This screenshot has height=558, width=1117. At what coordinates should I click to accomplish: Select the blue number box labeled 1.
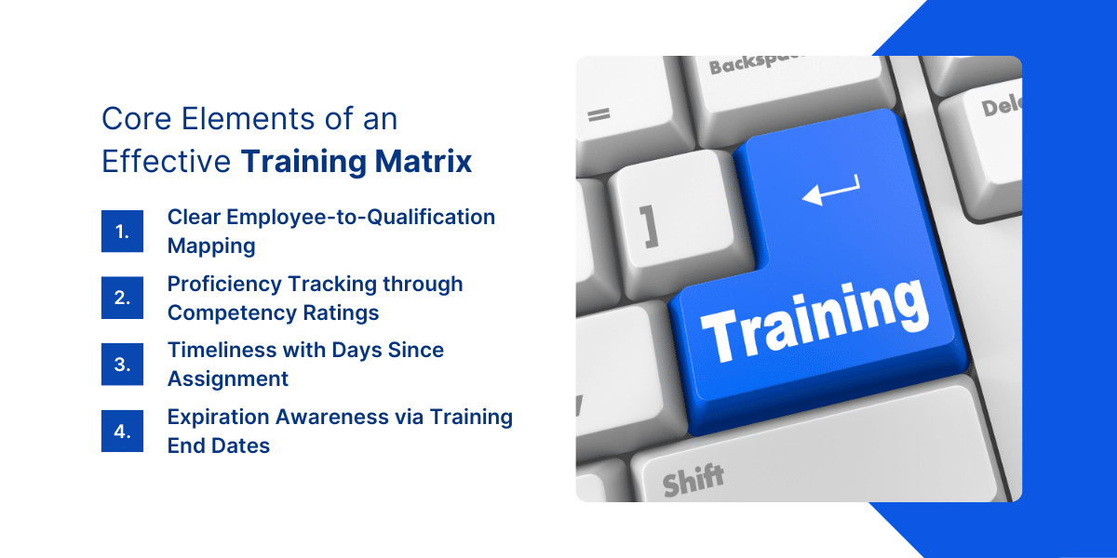(x=122, y=232)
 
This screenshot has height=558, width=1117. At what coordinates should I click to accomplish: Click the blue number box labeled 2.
(x=122, y=298)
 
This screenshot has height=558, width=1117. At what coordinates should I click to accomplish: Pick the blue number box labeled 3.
(x=122, y=365)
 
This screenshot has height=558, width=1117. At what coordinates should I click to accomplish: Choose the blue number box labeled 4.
(x=122, y=432)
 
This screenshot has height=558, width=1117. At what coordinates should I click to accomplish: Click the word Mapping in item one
(x=211, y=246)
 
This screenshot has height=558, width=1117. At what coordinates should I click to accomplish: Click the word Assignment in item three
(x=228, y=379)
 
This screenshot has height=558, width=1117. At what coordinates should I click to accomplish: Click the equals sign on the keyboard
(x=599, y=116)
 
